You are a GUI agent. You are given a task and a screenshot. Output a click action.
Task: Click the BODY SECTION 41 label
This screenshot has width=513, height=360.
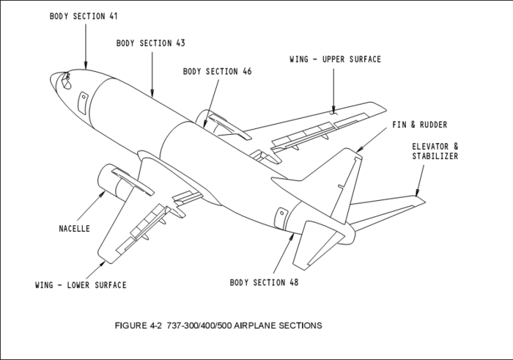point(83,15)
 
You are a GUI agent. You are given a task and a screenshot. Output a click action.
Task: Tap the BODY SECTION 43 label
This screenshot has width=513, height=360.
point(150,43)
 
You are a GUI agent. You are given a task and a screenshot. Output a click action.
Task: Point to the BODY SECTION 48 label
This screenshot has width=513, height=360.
point(264,282)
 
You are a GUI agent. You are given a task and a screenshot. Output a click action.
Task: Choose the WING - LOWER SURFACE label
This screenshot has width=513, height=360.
point(81,284)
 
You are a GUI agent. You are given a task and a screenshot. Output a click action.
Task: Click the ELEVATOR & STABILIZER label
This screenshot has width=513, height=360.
point(435,151)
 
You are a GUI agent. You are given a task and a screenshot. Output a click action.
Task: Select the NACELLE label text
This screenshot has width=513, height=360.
point(74,229)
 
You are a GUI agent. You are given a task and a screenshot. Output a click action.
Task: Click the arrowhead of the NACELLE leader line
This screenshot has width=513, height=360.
point(106,193)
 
